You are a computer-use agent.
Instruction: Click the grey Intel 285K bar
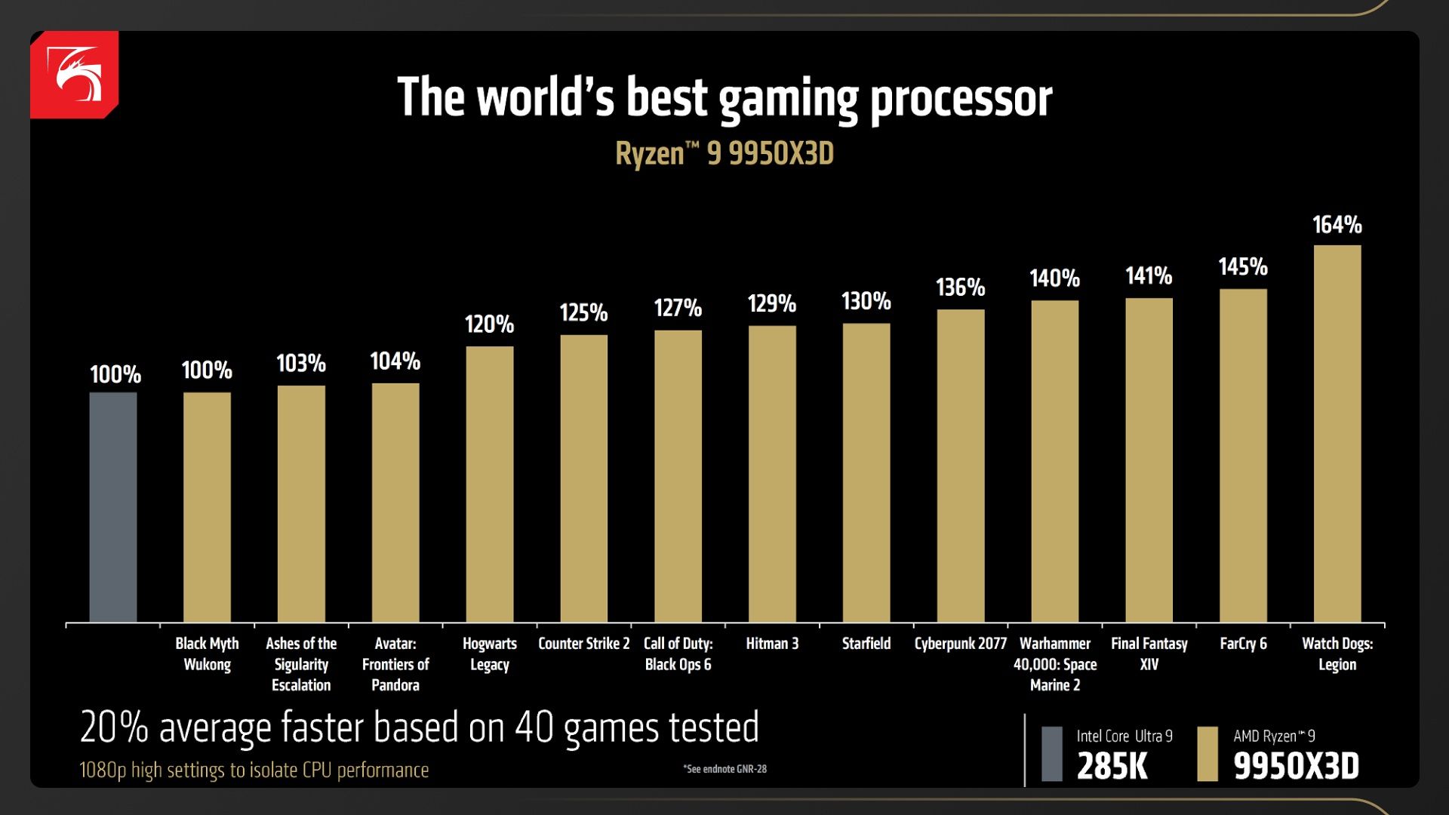tap(113, 507)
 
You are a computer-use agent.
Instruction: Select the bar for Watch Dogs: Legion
tap(1337, 434)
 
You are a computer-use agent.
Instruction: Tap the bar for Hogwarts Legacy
tap(490, 484)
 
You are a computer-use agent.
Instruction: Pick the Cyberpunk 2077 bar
tap(961, 466)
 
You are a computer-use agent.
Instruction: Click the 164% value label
tap(1337, 225)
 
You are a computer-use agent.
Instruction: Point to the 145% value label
tap(1243, 267)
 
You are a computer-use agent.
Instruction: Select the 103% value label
tap(301, 364)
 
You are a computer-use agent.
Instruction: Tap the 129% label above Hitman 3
tap(772, 304)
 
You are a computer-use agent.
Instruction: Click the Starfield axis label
tap(866, 644)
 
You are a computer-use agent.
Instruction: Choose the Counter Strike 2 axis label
tap(583, 644)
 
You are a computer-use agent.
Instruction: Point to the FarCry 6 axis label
tap(1243, 644)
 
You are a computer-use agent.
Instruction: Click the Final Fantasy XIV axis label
tap(1149, 654)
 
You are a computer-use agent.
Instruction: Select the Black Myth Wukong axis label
tap(207, 654)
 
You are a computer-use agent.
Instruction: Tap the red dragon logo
tap(75, 74)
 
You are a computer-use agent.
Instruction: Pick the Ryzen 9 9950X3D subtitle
tap(724, 153)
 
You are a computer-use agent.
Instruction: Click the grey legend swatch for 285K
tap(1052, 753)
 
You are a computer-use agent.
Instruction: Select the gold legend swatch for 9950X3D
tap(1207, 753)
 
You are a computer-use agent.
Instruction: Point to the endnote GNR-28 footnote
tap(725, 769)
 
